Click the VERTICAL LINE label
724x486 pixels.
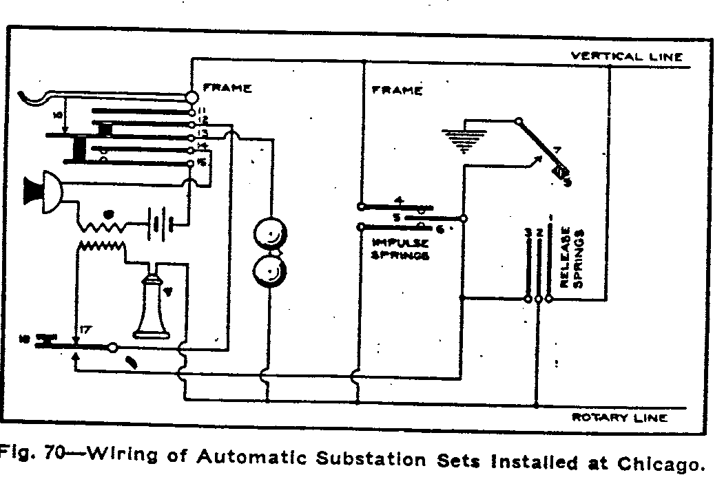pyautogui.click(x=627, y=56)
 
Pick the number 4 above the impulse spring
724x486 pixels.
pyautogui.click(x=399, y=200)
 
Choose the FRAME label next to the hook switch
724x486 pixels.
pyautogui.click(x=227, y=89)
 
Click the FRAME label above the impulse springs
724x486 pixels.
pyautogui.click(x=397, y=90)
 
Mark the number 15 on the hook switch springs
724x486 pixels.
pyautogui.click(x=203, y=162)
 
